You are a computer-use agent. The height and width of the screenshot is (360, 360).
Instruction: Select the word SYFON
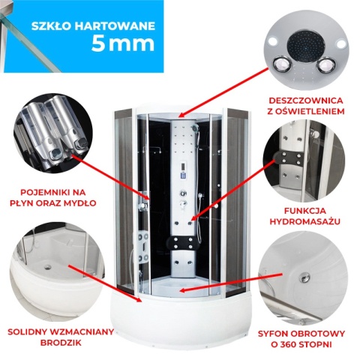[x=280, y=331]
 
